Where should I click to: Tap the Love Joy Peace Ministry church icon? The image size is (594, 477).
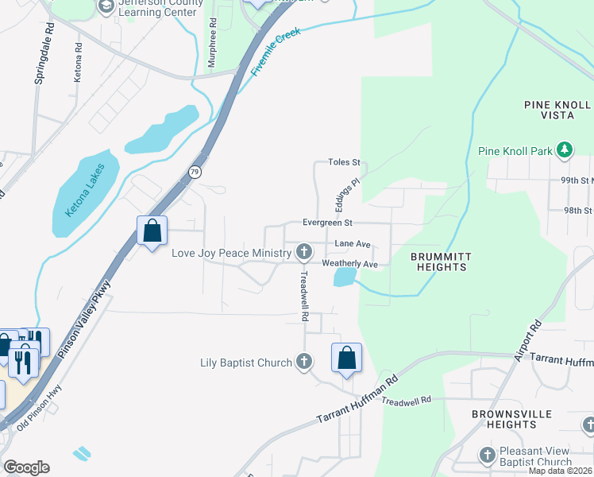click(303, 253)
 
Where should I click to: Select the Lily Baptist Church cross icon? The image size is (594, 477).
click(303, 363)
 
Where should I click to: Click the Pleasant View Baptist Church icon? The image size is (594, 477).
click(488, 455)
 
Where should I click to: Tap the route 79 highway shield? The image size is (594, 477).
click(193, 171)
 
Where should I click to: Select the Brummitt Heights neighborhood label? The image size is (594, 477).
click(439, 262)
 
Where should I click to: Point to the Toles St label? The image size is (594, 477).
click(344, 162)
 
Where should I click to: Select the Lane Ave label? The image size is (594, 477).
click(353, 244)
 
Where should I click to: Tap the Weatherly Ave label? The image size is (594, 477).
click(349, 263)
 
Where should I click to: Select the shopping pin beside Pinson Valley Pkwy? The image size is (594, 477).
click(152, 231)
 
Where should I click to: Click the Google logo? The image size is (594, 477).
click(26, 467)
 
